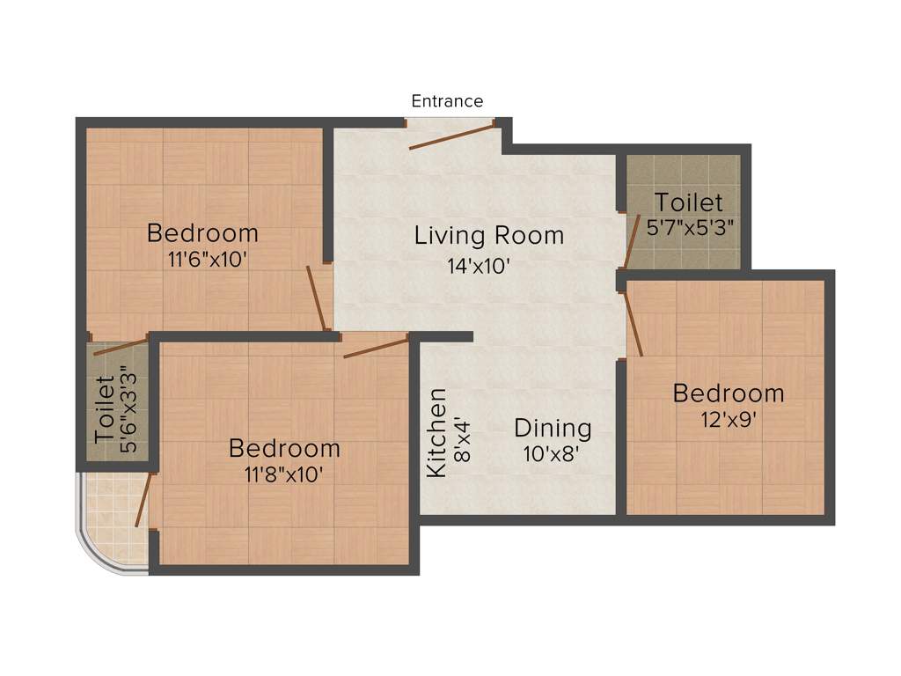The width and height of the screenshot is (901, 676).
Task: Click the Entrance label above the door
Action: point(447,101)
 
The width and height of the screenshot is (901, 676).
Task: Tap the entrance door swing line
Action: point(452,137)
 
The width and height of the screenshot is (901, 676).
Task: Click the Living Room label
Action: point(489,236)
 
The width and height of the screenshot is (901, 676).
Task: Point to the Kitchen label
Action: point(436,432)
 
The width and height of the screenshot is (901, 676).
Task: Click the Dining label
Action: point(553,429)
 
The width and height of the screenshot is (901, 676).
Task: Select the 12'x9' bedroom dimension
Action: point(728,420)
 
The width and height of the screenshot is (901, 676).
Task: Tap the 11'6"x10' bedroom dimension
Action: point(202,261)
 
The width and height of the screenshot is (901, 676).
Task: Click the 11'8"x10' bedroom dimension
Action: point(283,475)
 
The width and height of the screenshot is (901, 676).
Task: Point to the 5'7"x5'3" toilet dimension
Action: point(691,228)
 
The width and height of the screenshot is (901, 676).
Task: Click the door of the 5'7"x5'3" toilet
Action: point(631,239)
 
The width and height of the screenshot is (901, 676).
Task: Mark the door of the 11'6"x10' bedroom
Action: point(316,298)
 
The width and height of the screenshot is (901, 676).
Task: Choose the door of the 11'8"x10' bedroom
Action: point(375,346)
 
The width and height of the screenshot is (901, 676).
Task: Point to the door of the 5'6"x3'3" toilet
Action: point(121,346)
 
